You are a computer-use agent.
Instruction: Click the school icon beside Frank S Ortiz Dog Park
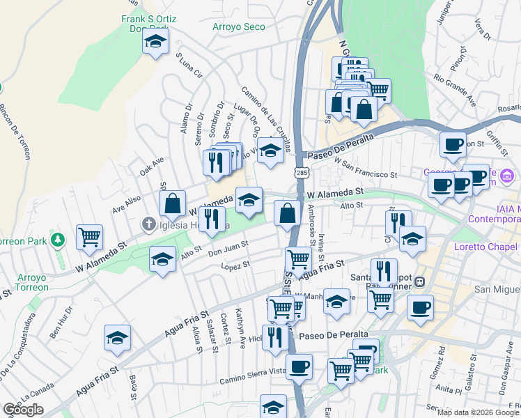click(x=156, y=42)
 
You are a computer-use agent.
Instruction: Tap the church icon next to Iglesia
click(x=148, y=224)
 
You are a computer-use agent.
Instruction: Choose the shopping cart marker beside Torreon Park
click(x=89, y=238)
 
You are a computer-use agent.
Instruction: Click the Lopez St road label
click(x=235, y=266)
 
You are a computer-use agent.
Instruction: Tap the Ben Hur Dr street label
click(x=61, y=323)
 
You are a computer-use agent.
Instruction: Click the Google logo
click(x=23, y=410)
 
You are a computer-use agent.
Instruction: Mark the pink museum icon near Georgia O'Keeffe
click(x=506, y=173)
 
